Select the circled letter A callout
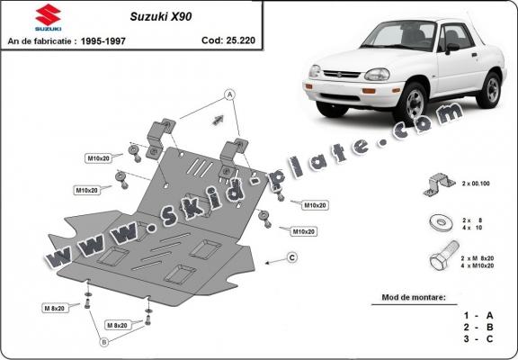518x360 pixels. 229,94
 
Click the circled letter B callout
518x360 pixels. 103,342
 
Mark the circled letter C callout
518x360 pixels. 292,258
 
